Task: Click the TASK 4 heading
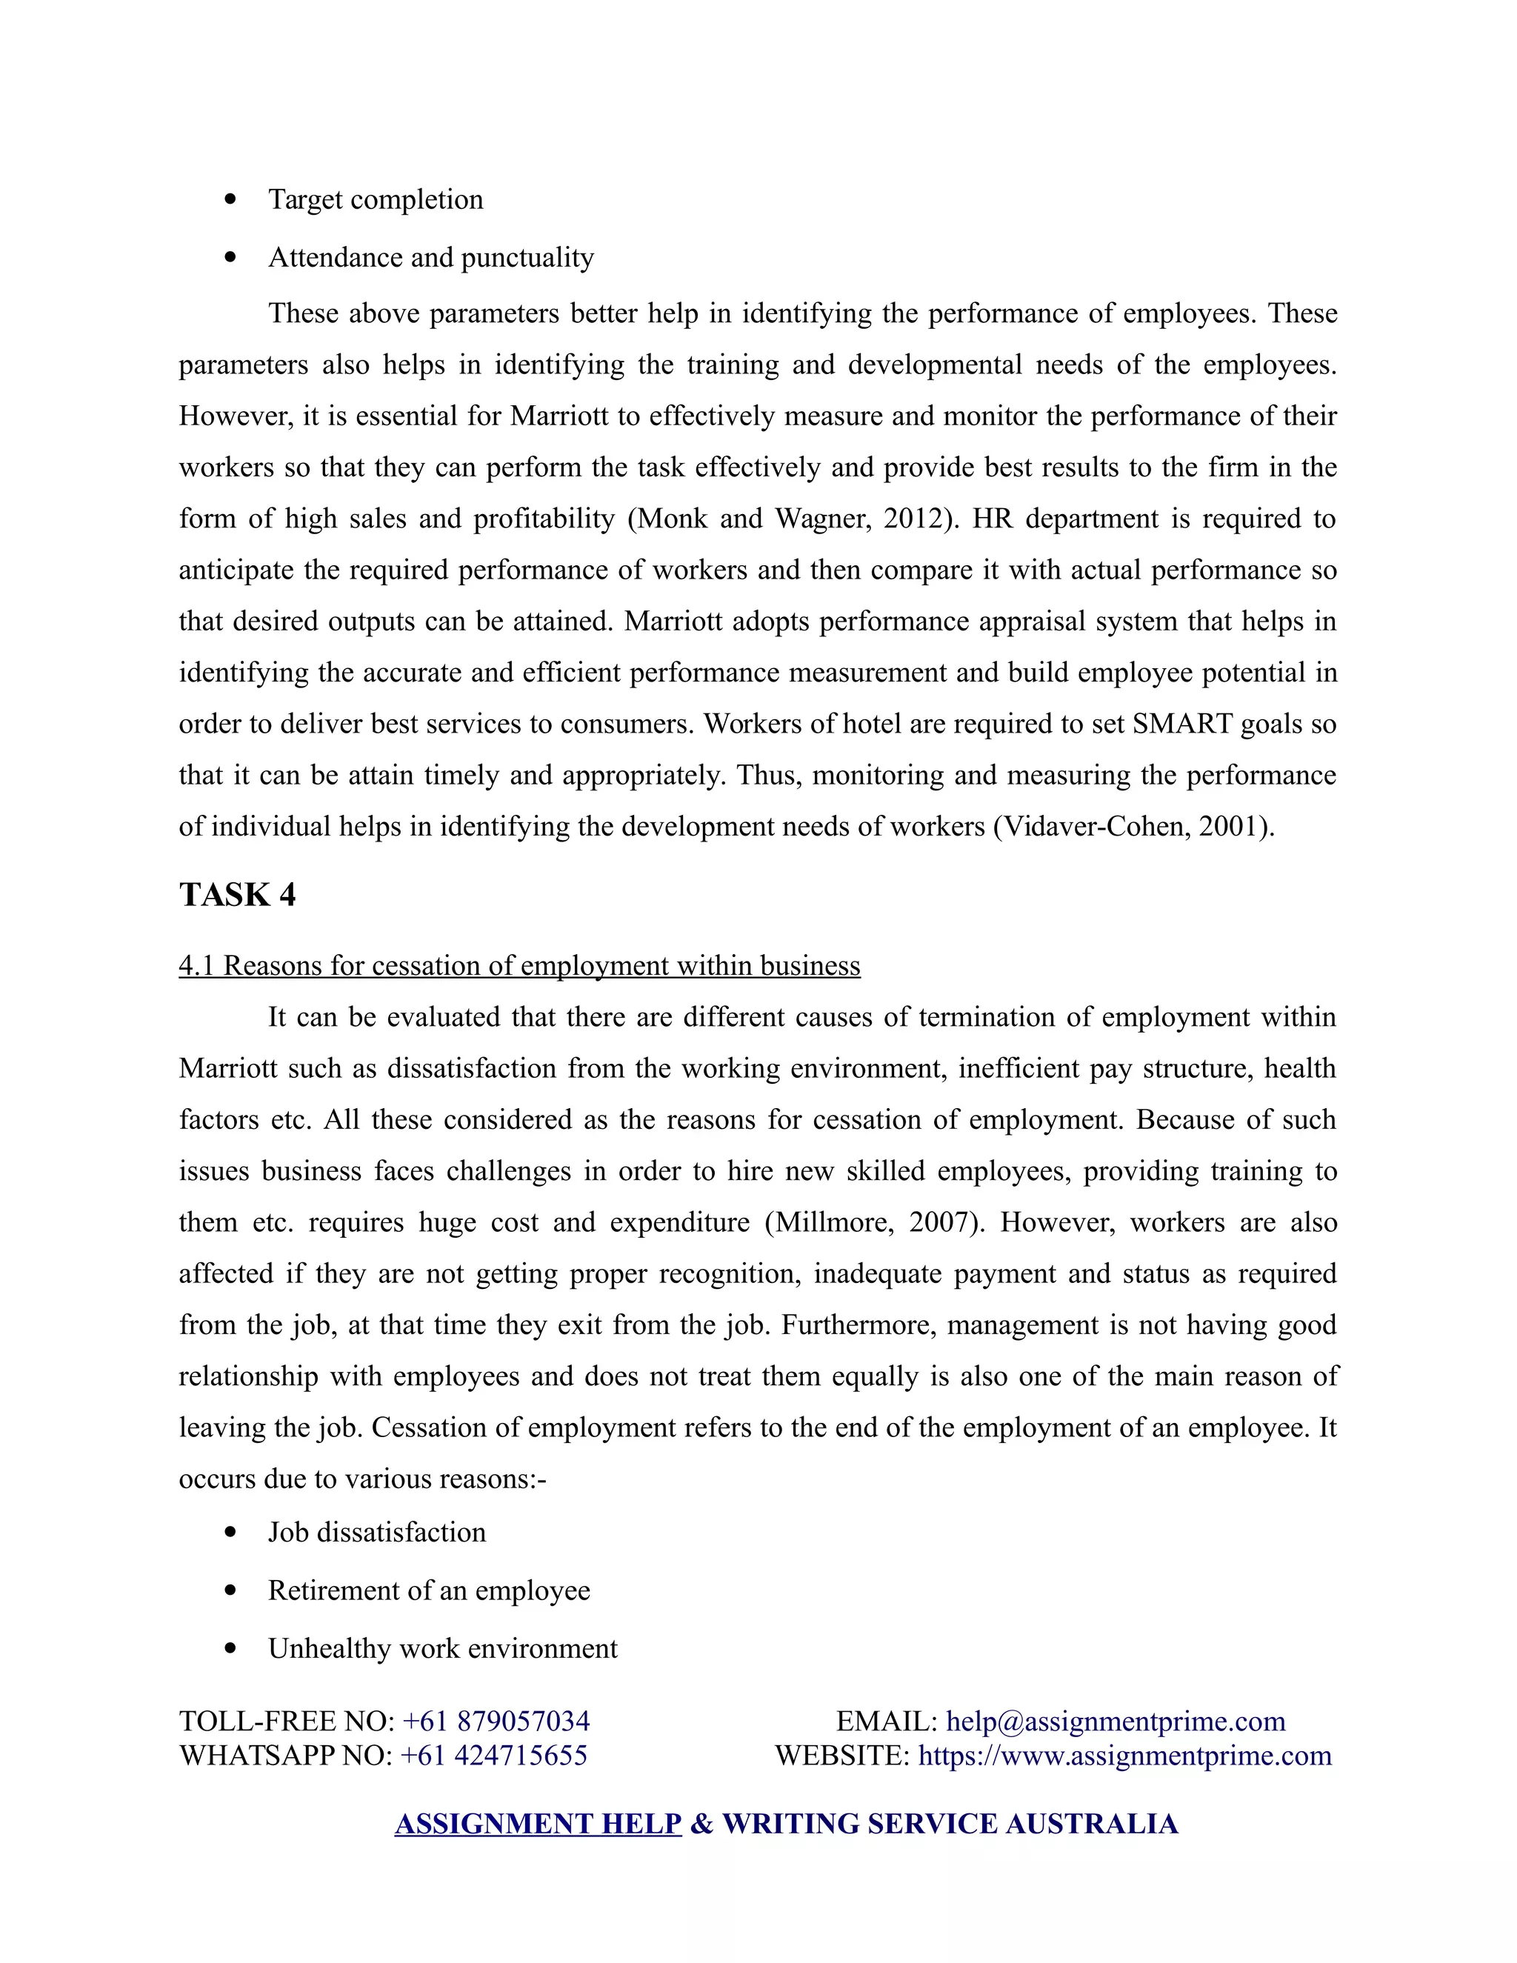coord(237,896)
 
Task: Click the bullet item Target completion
coord(375,199)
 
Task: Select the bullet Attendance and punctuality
coord(430,258)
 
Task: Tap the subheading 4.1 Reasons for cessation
coord(519,966)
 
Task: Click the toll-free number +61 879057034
coord(496,1722)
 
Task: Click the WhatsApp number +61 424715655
coord(493,1756)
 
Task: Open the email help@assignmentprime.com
coord(1116,1722)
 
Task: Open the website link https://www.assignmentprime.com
coord(1124,1756)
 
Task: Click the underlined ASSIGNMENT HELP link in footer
coord(538,1824)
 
